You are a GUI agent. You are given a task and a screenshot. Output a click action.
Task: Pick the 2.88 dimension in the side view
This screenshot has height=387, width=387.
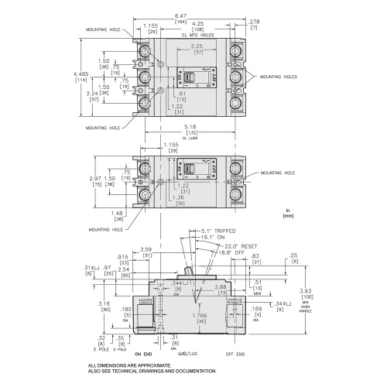tap(220, 286)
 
